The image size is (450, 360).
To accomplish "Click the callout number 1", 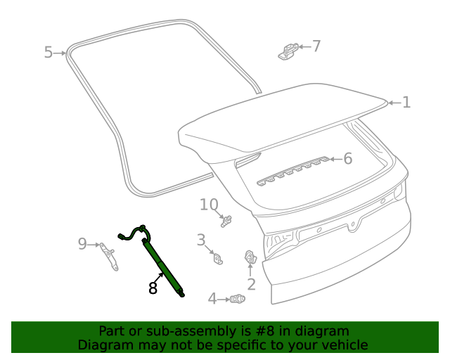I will pyautogui.click(x=406, y=103).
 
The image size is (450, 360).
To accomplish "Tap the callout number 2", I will pyautogui.click(x=251, y=284).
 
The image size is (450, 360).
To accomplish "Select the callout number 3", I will pyautogui.click(x=200, y=240).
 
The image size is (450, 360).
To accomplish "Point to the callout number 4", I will pyautogui.click(x=212, y=299).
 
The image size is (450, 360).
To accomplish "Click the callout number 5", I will pyautogui.click(x=48, y=52).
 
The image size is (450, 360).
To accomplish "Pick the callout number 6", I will pyautogui.click(x=347, y=159).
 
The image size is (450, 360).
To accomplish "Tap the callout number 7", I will pyautogui.click(x=316, y=46).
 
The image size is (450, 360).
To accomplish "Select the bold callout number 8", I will pyautogui.click(x=153, y=287).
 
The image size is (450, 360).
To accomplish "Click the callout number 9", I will pyautogui.click(x=82, y=244).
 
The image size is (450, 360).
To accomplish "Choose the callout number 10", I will pyautogui.click(x=209, y=205).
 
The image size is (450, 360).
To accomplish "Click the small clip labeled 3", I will pyautogui.click(x=218, y=259).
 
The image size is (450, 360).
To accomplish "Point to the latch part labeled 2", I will pyautogui.click(x=250, y=259).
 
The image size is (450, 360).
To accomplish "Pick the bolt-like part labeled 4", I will pyautogui.click(x=238, y=299).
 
